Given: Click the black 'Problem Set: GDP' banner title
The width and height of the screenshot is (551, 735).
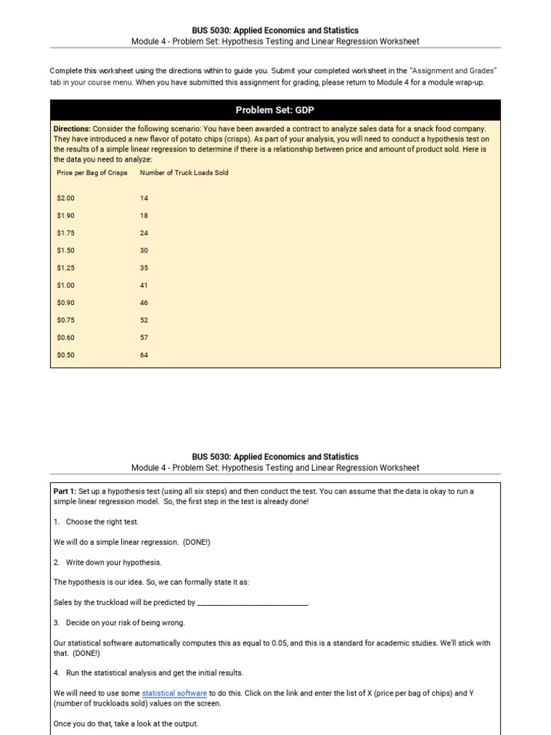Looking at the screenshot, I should coord(275,110).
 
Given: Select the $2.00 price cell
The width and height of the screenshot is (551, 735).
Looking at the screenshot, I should coord(65,197).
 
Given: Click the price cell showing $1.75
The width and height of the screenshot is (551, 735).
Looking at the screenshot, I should coord(65,233).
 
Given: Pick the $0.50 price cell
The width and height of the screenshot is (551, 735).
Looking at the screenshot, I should coord(65,355).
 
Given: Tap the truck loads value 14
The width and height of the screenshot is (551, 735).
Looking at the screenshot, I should coord(144,197).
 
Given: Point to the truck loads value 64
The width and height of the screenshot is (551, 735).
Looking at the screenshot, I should coord(144,355).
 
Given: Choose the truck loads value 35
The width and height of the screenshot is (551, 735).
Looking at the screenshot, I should coord(144,268).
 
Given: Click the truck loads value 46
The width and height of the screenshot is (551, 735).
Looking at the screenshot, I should coord(144,303).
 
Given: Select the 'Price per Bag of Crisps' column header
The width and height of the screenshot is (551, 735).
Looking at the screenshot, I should coord(92,173).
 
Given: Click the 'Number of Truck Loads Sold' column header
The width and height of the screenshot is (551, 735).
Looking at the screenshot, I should coord(184,173).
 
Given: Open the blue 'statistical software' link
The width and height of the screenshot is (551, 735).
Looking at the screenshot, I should coord(174,693).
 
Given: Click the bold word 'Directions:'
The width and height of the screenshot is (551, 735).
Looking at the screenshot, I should coord(72,129).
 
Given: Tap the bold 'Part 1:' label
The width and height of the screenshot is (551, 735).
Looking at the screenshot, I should coord(65,492).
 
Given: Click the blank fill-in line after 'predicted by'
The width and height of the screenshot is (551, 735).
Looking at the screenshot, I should coord(253,603).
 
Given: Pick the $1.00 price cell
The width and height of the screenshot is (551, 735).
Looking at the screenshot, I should coord(65,286).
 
